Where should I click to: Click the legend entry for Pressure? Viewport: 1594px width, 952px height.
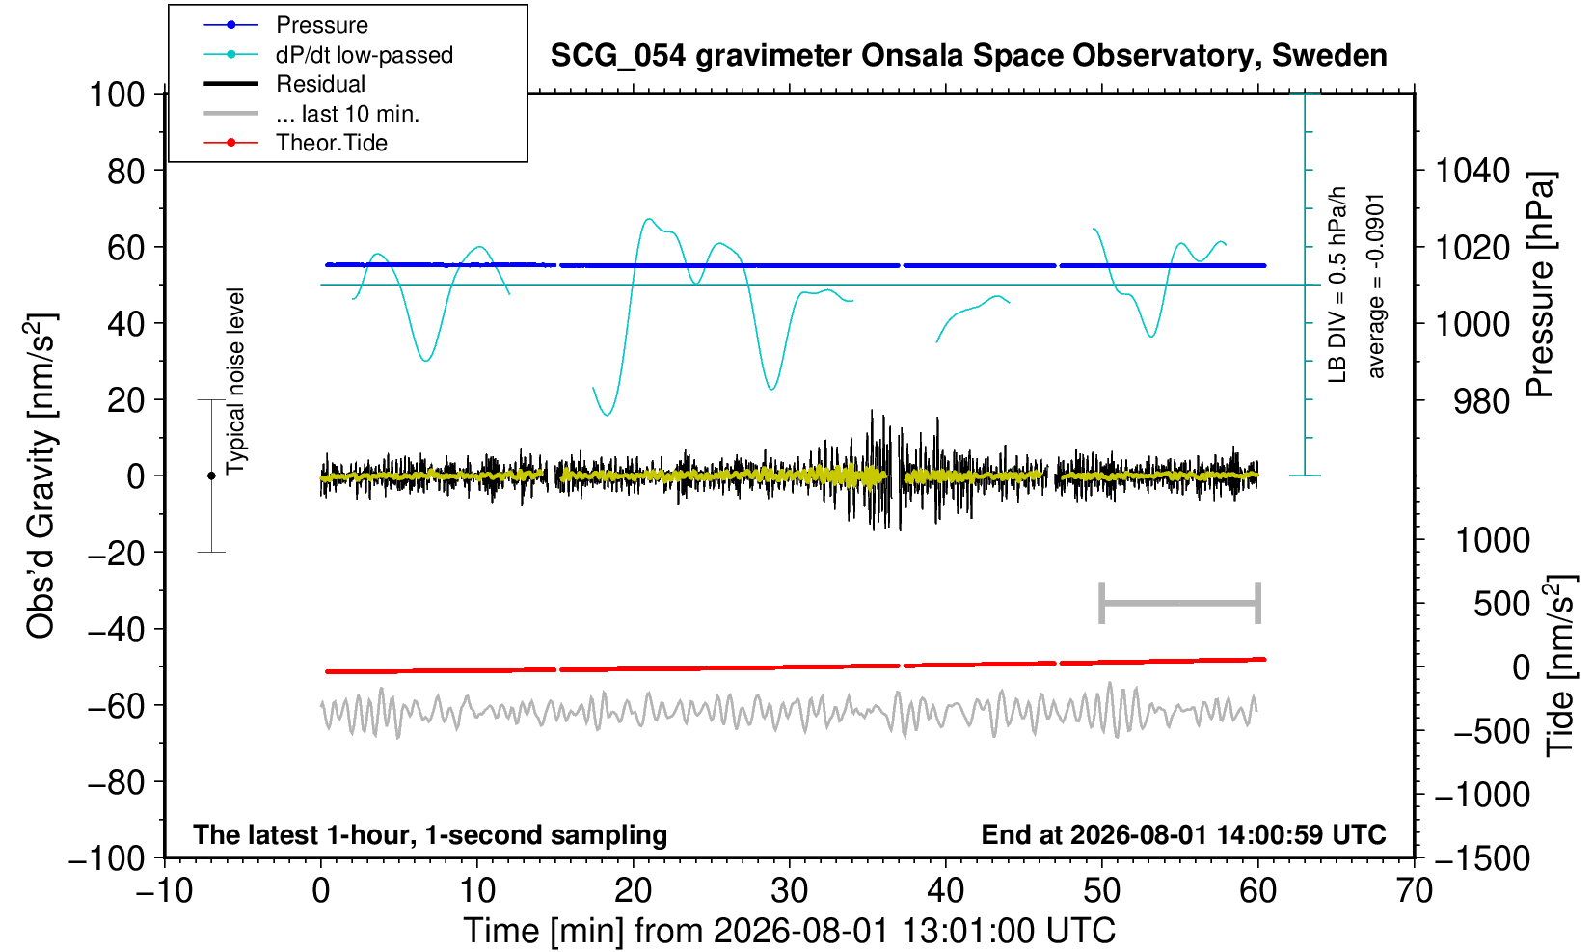pos(286,26)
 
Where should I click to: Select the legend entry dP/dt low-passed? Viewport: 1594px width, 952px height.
pos(328,55)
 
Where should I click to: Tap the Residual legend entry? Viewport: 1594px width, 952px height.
pos(284,84)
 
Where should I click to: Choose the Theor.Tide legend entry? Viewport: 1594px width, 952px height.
pos(295,143)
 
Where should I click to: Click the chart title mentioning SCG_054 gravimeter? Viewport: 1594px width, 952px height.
pos(968,56)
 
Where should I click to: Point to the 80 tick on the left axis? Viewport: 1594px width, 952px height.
pos(126,171)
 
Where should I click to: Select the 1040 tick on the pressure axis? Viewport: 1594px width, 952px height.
pos(1472,171)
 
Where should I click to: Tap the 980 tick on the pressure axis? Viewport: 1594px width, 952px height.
pos(1481,401)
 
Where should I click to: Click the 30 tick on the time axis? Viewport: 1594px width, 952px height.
pos(789,891)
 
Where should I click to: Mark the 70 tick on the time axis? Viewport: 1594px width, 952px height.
pos(1414,891)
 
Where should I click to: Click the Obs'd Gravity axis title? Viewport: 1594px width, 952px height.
pos(41,476)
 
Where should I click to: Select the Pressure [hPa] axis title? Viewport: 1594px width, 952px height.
pos(1541,285)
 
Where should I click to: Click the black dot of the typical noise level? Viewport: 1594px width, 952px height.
pos(211,476)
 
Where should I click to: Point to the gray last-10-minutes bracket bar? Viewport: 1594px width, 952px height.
pos(1180,603)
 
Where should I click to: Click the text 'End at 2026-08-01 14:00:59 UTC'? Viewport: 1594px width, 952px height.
pos(1183,834)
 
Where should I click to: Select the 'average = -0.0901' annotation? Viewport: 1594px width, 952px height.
pos(1375,285)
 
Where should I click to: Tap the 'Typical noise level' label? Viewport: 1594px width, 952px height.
pos(235,382)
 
